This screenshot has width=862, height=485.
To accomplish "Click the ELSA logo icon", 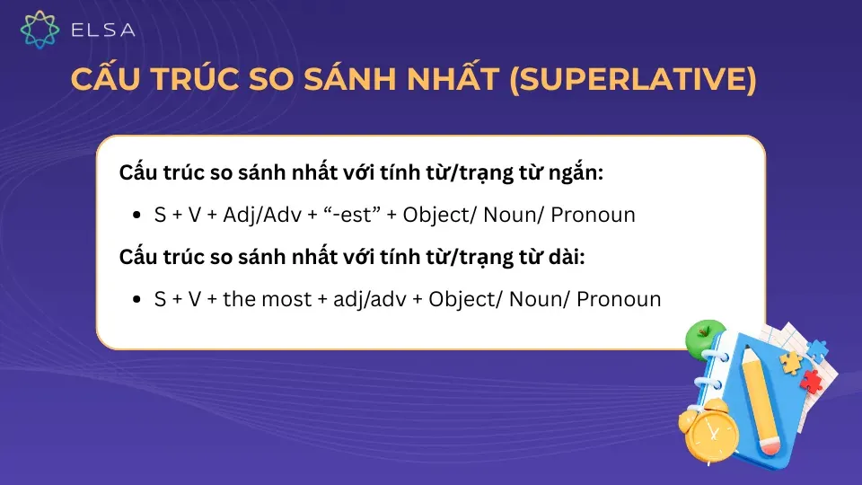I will [40, 30].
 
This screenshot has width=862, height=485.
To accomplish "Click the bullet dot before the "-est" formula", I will [136, 216].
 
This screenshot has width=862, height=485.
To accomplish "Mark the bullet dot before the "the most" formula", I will [136, 300].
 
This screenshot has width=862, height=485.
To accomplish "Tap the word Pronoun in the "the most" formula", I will [619, 299].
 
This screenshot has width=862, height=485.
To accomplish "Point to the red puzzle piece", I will [812, 382].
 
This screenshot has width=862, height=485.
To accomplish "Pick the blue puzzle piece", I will [817, 348].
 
